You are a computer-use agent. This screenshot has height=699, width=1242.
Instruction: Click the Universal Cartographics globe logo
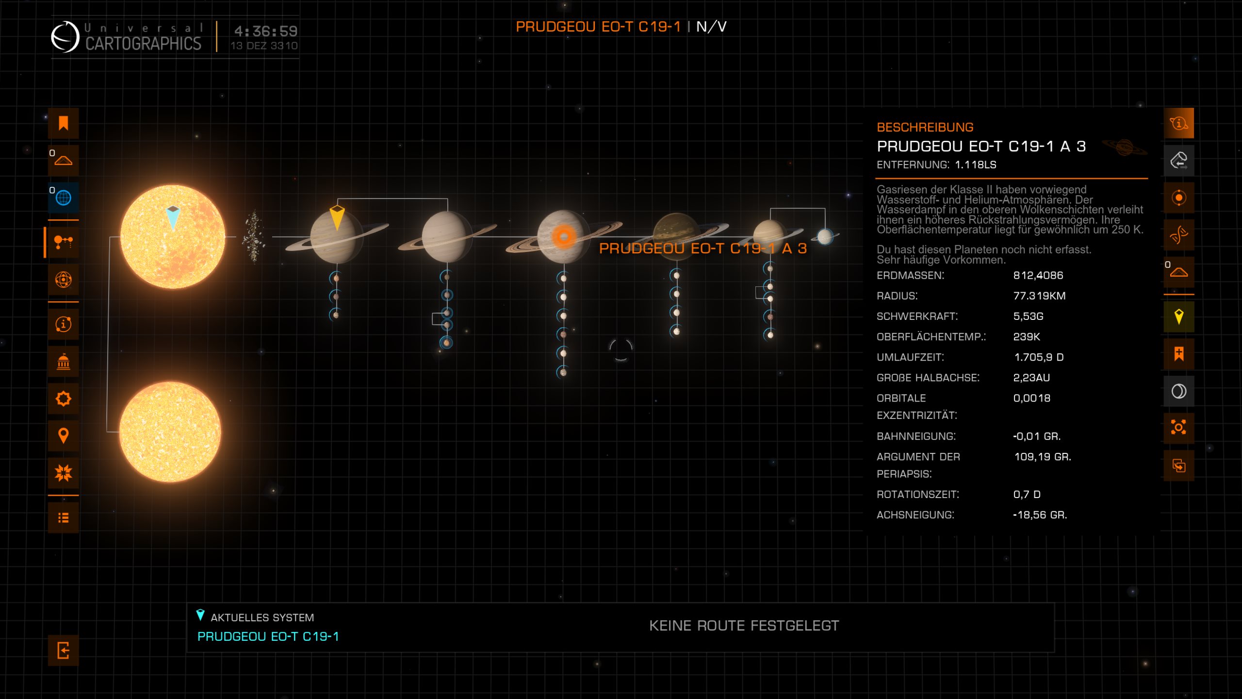point(65,37)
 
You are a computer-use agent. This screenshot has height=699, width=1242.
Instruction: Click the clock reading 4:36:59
point(265,31)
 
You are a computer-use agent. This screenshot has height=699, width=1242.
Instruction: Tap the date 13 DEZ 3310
point(264,46)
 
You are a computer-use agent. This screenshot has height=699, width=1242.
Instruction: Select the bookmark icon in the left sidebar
point(63,123)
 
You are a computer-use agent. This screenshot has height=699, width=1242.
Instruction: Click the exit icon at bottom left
point(63,650)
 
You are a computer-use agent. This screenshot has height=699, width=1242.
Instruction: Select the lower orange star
point(170,432)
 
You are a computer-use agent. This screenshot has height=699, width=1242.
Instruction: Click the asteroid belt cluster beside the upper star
point(254,237)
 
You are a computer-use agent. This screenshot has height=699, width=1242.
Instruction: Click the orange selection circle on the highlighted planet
point(563,237)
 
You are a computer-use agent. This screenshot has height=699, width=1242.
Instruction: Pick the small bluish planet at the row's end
point(825,237)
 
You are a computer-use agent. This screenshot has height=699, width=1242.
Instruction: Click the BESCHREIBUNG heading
point(925,127)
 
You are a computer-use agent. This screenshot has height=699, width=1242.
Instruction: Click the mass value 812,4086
point(1038,275)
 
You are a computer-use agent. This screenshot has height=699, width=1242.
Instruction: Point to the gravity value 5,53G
point(1028,316)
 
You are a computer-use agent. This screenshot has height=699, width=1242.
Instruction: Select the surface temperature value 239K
point(1026,336)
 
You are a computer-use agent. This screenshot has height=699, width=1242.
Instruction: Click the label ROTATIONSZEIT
point(917,494)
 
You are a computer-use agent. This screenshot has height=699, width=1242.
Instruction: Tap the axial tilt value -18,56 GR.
point(1040,515)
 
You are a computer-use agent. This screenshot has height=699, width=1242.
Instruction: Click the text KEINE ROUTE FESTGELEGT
point(744,626)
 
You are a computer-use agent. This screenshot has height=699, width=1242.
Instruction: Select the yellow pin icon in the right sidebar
point(1178,316)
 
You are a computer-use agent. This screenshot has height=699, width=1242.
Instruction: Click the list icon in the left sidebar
point(63,517)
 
